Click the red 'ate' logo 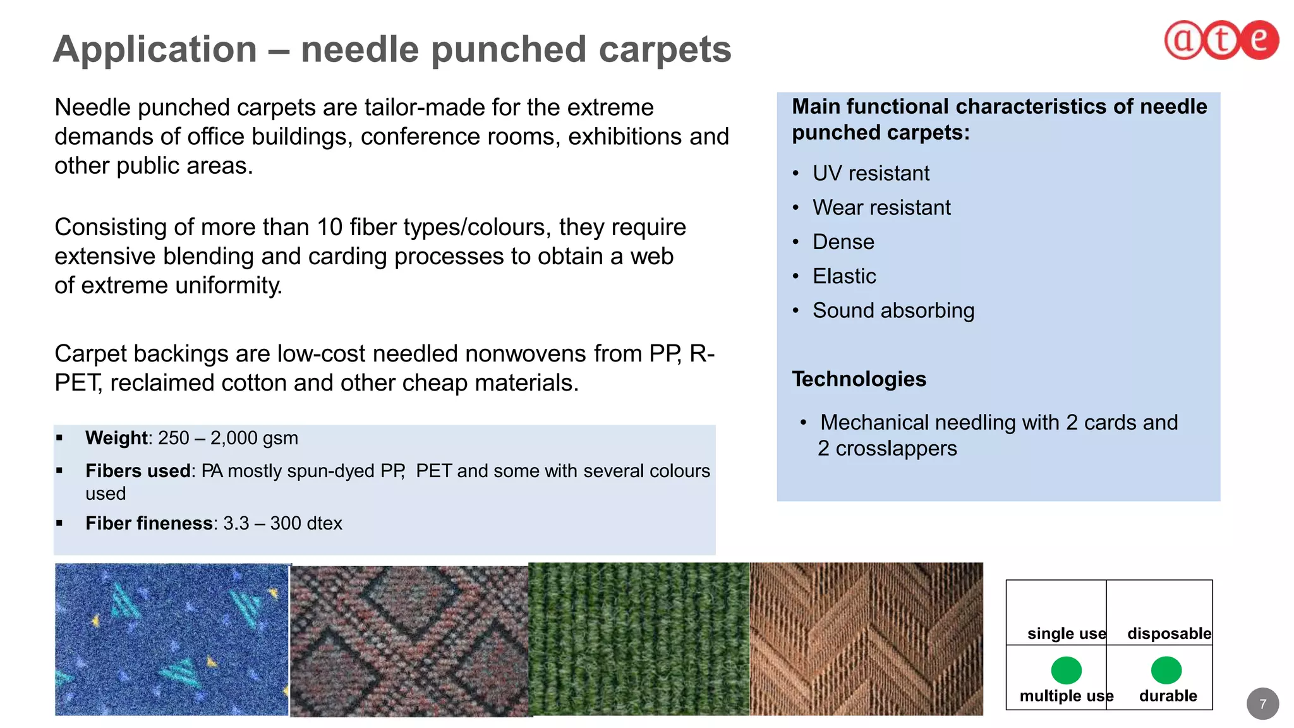point(1221,40)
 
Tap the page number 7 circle point(1262,703)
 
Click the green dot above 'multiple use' point(1066,670)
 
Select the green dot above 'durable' point(1166,670)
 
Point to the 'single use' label point(1066,633)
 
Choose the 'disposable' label point(1169,633)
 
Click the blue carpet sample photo point(171,639)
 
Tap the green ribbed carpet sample point(639,639)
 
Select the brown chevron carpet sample point(866,639)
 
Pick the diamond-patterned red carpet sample point(409,641)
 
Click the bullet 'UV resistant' point(870,173)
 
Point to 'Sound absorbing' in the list point(893,310)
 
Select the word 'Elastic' point(844,276)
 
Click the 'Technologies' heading point(859,379)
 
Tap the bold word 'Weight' point(116,438)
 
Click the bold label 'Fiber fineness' point(149,523)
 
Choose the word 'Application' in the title point(155,49)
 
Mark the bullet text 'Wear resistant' point(881,207)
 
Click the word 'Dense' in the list point(843,242)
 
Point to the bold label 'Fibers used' point(138,471)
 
